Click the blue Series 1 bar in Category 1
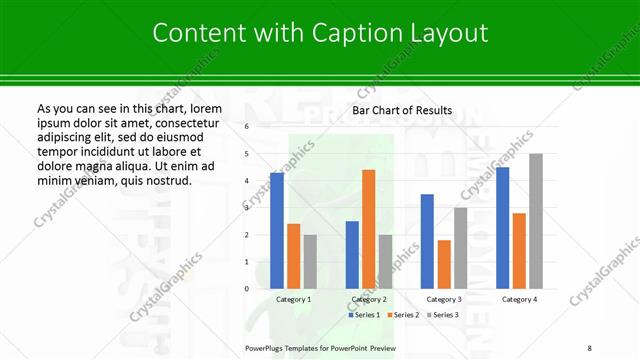[277, 230]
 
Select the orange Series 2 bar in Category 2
[368, 229]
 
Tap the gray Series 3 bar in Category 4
[536, 221]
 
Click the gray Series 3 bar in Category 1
[310, 261]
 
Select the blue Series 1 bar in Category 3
[427, 241]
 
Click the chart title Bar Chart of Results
[402, 110]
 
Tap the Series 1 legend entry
[365, 315]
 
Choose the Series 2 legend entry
[403, 315]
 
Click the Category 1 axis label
[293, 299]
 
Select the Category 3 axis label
[443, 299]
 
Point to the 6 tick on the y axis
[247, 127]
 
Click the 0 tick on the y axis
[247, 288]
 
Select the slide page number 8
[589, 345]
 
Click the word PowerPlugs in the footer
[268, 345]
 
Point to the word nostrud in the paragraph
[164, 180]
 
